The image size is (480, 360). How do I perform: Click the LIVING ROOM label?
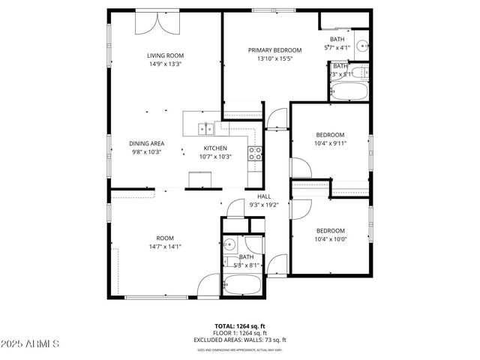tap(165, 55)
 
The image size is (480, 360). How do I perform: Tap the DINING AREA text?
tap(146, 143)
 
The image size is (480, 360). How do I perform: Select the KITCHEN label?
tap(215, 148)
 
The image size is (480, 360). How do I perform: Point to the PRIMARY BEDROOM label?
tap(274, 50)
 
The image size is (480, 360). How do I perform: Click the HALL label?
tap(243, 196)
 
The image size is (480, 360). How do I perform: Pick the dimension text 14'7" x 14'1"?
tap(165, 246)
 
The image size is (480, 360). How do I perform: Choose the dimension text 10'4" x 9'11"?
tap(330, 143)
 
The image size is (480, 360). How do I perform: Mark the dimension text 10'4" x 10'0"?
tap(330, 239)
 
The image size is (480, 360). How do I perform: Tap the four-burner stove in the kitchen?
tap(256, 154)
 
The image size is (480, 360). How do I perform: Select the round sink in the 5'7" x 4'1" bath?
tap(362, 44)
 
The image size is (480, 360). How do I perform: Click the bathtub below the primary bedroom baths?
tap(349, 93)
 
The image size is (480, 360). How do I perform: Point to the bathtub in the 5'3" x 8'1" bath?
tap(241, 285)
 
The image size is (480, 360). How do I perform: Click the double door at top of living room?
tap(157, 22)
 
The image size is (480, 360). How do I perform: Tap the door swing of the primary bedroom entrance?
tap(277, 117)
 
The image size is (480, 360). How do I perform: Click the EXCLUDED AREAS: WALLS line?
tap(239, 340)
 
